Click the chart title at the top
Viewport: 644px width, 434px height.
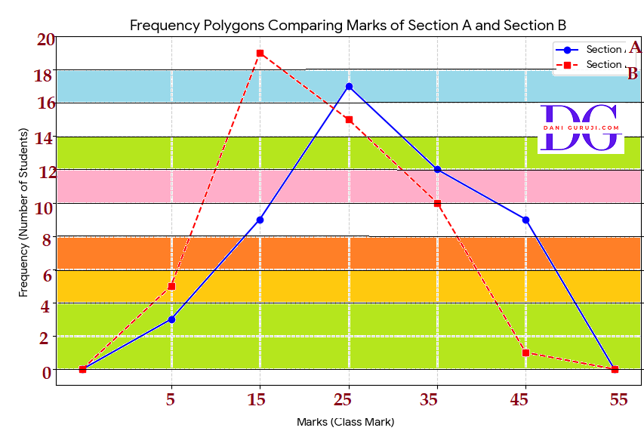[x=348, y=25]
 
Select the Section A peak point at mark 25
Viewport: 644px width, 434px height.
[x=349, y=86]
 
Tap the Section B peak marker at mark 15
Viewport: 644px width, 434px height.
[x=260, y=53]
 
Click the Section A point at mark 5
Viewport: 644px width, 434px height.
[x=171, y=319]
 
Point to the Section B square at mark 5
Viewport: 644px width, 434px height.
[x=171, y=286]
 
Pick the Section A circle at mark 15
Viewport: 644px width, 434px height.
[x=260, y=220]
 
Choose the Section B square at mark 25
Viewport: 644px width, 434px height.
[x=349, y=119]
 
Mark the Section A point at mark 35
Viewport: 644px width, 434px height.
[x=437, y=169]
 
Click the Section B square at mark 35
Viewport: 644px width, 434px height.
[x=437, y=203]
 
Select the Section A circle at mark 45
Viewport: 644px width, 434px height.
[x=525, y=220]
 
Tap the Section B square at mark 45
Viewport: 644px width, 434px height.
[x=525, y=352]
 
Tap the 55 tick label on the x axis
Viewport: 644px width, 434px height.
[x=618, y=400]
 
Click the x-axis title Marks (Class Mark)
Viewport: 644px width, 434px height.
[x=346, y=422]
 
